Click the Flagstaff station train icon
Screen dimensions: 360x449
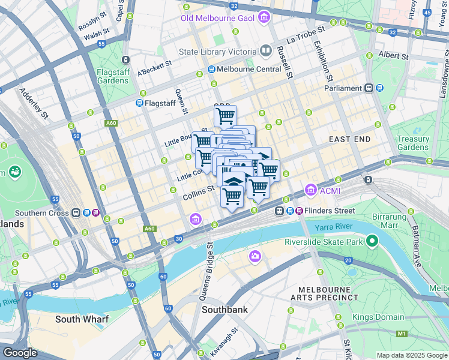[139, 103]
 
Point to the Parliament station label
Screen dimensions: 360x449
[343, 88]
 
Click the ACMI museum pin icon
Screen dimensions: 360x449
[311, 190]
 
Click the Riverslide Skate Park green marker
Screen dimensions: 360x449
[372, 242]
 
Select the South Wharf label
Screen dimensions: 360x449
[82, 319]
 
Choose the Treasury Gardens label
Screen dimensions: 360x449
[413, 143]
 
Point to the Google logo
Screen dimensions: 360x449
[20, 353]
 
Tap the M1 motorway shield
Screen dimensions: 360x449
[401, 334]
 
